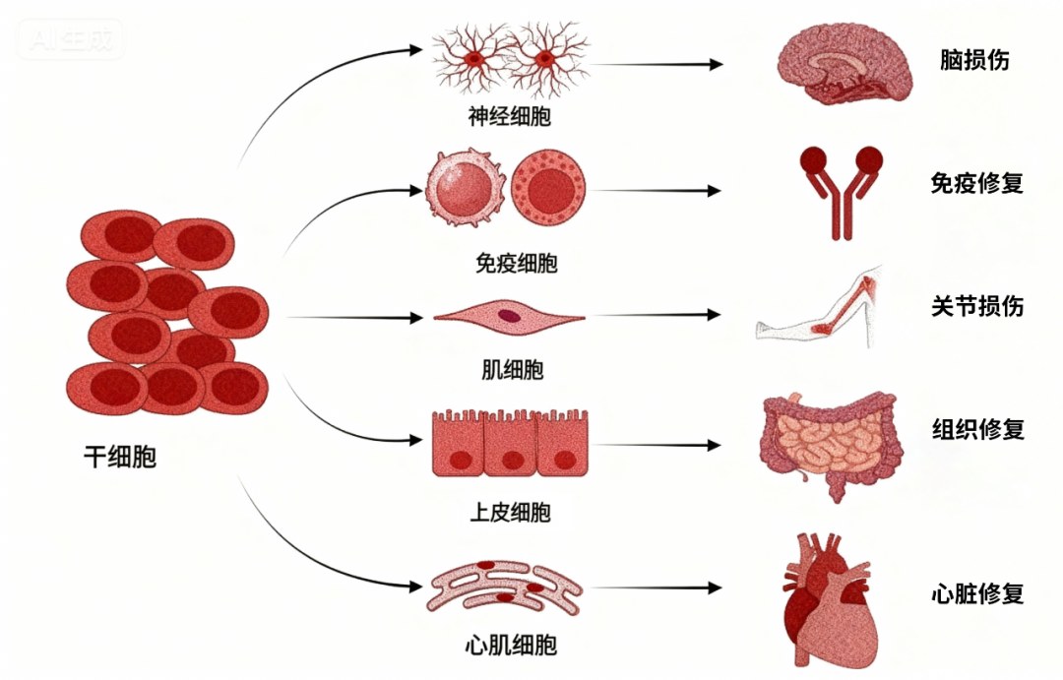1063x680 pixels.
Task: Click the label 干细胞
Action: [120, 457]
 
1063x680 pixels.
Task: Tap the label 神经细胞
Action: [509, 116]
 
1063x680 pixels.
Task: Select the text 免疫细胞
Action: [517, 263]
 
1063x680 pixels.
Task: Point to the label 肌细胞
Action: [512, 369]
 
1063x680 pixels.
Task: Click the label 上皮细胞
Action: [510, 512]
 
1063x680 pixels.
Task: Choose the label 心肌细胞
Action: [511, 644]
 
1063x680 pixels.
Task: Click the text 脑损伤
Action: [974, 60]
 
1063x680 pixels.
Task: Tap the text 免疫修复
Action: [977, 182]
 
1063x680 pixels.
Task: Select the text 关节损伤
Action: [977, 306]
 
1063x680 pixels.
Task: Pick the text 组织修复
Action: [977, 428]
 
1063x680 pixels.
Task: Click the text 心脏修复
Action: [977, 593]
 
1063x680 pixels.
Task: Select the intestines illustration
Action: [831, 444]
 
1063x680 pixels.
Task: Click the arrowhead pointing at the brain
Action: [716, 64]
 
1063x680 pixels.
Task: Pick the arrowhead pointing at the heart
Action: [714, 587]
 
